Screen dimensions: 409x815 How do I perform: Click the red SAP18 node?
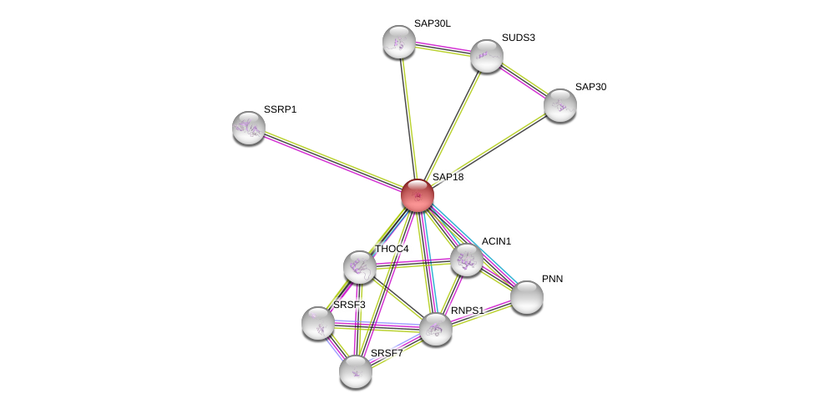(x=417, y=195)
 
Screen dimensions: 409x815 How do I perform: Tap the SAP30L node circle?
(x=399, y=42)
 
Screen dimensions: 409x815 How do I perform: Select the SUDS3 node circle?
(x=486, y=56)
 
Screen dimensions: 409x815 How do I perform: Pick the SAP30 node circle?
(x=559, y=105)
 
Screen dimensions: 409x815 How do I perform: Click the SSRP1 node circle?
(x=249, y=128)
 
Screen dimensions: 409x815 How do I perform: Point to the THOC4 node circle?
(x=360, y=267)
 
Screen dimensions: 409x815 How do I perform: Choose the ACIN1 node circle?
(x=466, y=260)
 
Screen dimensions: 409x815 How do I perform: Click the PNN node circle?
(x=526, y=297)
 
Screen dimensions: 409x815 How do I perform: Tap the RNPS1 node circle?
(x=435, y=329)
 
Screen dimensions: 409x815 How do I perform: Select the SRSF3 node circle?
(x=318, y=323)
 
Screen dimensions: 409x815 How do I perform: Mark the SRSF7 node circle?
(x=356, y=371)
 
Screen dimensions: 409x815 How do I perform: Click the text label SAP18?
(x=448, y=177)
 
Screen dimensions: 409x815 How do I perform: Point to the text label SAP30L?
(x=432, y=23)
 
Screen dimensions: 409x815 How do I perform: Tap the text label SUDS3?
(x=518, y=38)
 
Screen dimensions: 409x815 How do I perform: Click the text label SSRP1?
(x=280, y=109)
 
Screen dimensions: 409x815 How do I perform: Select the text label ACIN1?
(x=496, y=241)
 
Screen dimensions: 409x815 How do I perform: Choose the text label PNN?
(x=552, y=279)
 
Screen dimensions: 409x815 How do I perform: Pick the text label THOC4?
(x=392, y=249)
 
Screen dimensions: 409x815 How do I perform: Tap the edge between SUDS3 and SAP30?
(x=523, y=81)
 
